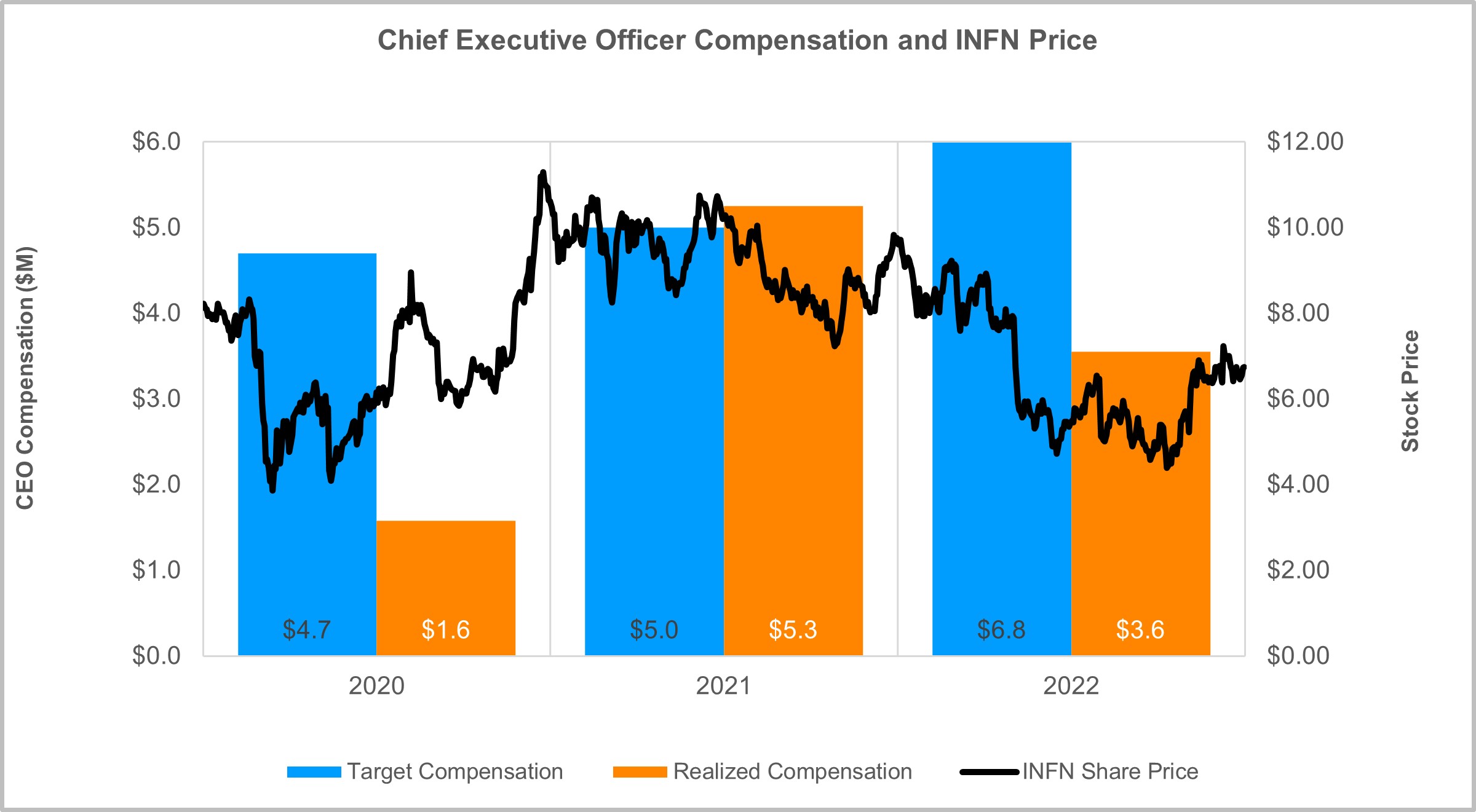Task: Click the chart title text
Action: pos(737,41)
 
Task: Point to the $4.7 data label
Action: pos(307,630)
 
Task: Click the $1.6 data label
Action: pos(446,630)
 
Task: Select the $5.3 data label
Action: pos(793,630)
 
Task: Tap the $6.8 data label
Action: pos(1001,630)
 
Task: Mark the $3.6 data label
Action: pos(1141,630)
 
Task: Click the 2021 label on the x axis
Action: pos(723,686)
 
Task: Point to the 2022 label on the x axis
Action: pos(1071,686)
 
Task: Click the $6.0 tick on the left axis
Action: pos(156,142)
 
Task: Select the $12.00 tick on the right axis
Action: pos(1305,142)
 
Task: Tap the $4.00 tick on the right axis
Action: pos(1298,484)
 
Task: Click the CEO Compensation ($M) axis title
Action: pos(25,378)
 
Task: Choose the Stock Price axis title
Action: pos(1410,391)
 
